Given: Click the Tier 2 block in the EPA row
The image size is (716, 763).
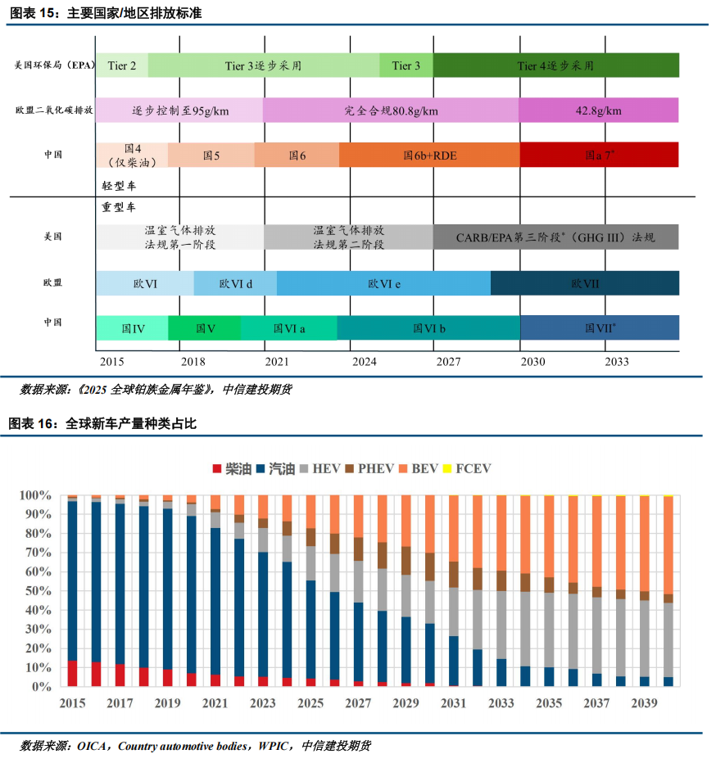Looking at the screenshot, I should tap(122, 65).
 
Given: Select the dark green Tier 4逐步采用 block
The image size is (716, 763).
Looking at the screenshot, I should tap(556, 65).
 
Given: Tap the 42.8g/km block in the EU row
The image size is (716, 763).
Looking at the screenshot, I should tap(598, 111).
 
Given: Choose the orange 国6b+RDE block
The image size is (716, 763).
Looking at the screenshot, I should tap(428, 155).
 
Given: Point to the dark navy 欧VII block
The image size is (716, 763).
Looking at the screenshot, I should tap(584, 283).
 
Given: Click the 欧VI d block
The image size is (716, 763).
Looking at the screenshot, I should tap(235, 283).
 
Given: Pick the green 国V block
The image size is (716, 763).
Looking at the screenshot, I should tap(205, 328).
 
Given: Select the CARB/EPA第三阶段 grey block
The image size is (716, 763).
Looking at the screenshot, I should tap(555, 237).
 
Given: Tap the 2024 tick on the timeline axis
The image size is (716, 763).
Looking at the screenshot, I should tap(364, 361).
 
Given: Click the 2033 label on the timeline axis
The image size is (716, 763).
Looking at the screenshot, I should tap(616, 361).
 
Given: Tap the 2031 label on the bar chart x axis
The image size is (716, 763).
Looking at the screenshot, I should tap(452, 703).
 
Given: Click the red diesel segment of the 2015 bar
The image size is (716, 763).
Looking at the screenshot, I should tap(73, 674).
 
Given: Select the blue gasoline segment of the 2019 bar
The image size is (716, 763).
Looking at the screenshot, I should tap(167, 589).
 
